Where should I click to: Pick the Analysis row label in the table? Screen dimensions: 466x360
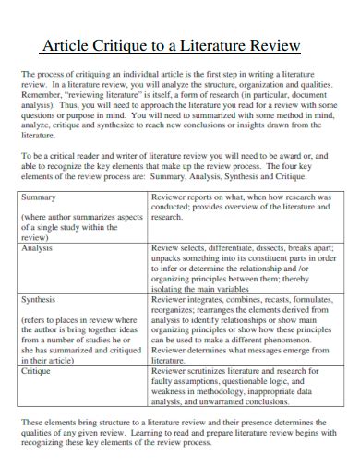click(38, 248)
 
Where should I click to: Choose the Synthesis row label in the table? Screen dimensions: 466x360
click(39, 300)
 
